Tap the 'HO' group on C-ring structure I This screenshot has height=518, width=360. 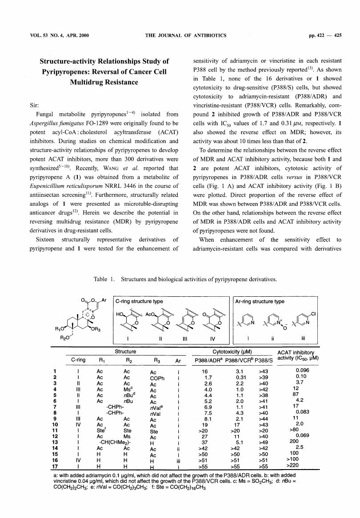click(x=120, y=314)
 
